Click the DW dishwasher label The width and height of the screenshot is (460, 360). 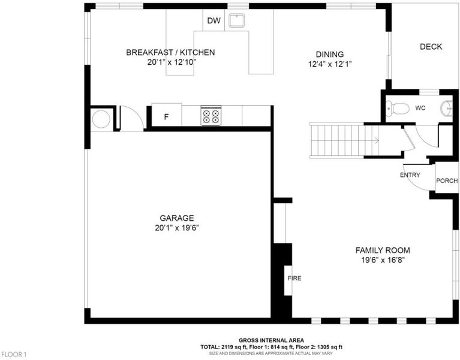(214, 20)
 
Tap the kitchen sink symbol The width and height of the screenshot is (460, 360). (237, 20)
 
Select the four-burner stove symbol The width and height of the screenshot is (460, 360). (211, 116)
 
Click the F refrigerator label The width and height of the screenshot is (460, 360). (166, 117)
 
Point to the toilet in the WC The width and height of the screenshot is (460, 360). (397, 109)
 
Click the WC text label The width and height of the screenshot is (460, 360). (420, 108)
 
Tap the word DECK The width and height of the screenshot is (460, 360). (431, 47)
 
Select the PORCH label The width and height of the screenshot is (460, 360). (447, 181)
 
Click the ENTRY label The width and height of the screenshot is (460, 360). (410, 175)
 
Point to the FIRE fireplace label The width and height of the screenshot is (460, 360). (294, 278)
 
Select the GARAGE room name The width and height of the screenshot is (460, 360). (176, 218)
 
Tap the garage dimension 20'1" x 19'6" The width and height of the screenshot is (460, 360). (177, 228)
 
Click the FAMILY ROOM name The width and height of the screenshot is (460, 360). (383, 250)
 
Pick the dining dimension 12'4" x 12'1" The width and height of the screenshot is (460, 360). (330, 64)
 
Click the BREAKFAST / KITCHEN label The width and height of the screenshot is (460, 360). (170, 53)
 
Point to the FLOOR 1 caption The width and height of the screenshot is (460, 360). (14, 355)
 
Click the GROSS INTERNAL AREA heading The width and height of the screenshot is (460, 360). (271, 340)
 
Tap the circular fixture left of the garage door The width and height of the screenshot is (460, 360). (101, 119)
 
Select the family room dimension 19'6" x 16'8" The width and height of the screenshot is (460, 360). (383, 260)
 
